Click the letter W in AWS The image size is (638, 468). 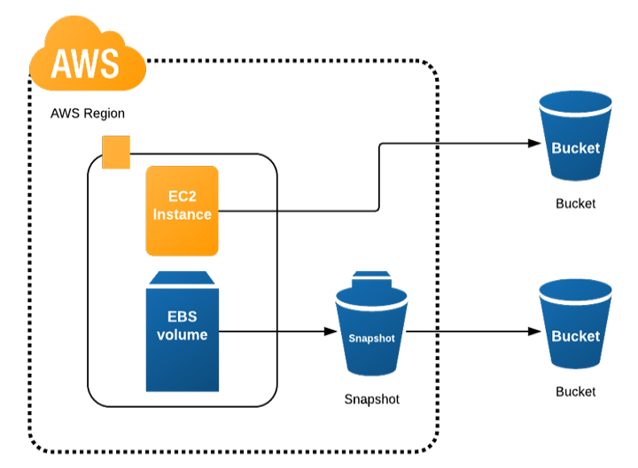click(85, 63)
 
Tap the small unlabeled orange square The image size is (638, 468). click(116, 152)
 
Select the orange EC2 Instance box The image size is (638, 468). click(182, 210)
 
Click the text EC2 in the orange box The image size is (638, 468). click(182, 197)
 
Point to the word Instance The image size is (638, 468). click(182, 214)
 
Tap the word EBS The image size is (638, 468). click(182, 317)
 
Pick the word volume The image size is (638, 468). click(182, 335)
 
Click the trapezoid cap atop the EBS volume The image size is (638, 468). click(182, 277)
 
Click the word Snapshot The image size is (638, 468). click(371, 339)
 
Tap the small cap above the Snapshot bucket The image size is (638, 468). click(371, 277)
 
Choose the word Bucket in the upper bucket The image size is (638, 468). click(576, 148)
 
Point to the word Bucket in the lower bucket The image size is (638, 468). click(576, 336)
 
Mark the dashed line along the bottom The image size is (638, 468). click(230, 454)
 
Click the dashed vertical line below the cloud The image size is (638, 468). click(27, 266)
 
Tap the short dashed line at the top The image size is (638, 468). click(344, 58)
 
